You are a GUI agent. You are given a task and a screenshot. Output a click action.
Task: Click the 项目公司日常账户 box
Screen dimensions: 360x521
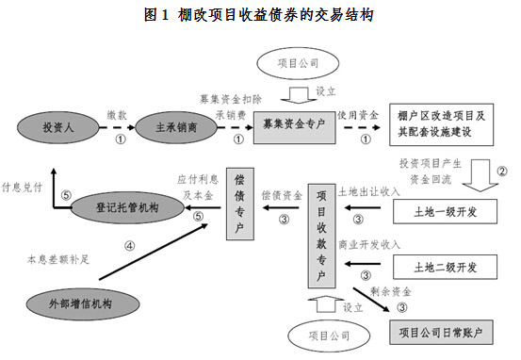pyautogui.click(x=442, y=331)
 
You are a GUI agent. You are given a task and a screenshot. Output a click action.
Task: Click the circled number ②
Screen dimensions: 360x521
pyautogui.click(x=502, y=171)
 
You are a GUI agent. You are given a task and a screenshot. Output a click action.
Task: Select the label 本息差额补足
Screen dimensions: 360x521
pyautogui.click(x=59, y=255)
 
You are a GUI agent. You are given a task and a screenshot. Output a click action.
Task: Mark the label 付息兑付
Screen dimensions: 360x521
pyautogui.click(x=23, y=187)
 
